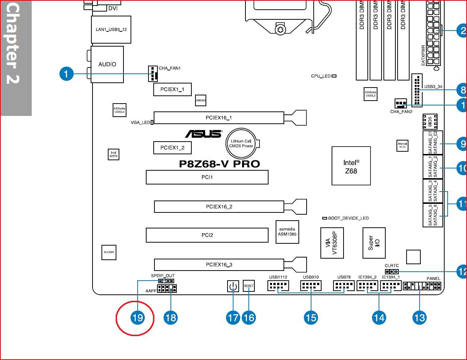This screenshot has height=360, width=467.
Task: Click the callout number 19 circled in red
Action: coord(137,318)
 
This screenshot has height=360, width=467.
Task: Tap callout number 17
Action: coord(233,318)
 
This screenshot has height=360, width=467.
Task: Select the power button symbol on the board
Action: coord(233,287)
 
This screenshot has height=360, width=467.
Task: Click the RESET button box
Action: coord(248,286)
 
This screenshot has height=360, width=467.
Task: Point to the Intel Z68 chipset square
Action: coord(351,166)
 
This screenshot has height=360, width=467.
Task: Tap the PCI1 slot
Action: coord(207,177)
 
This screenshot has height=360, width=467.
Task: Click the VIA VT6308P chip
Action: coord(332,243)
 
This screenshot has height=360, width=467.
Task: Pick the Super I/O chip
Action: coord(374,243)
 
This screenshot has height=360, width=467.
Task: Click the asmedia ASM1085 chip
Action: coord(287,232)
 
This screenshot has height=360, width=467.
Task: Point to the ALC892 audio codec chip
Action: coord(109,252)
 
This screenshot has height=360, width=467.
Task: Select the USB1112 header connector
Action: coord(278,286)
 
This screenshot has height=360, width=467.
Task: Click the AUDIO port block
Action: coord(107,64)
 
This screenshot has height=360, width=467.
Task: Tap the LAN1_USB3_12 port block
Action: coord(111,29)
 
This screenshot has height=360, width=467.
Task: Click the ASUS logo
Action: coord(203,134)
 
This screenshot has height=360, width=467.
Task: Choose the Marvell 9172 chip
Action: coord(402,145)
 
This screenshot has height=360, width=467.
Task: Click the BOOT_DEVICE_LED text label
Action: coord(348,218)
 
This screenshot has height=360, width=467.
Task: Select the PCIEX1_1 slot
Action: coord(172,89)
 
